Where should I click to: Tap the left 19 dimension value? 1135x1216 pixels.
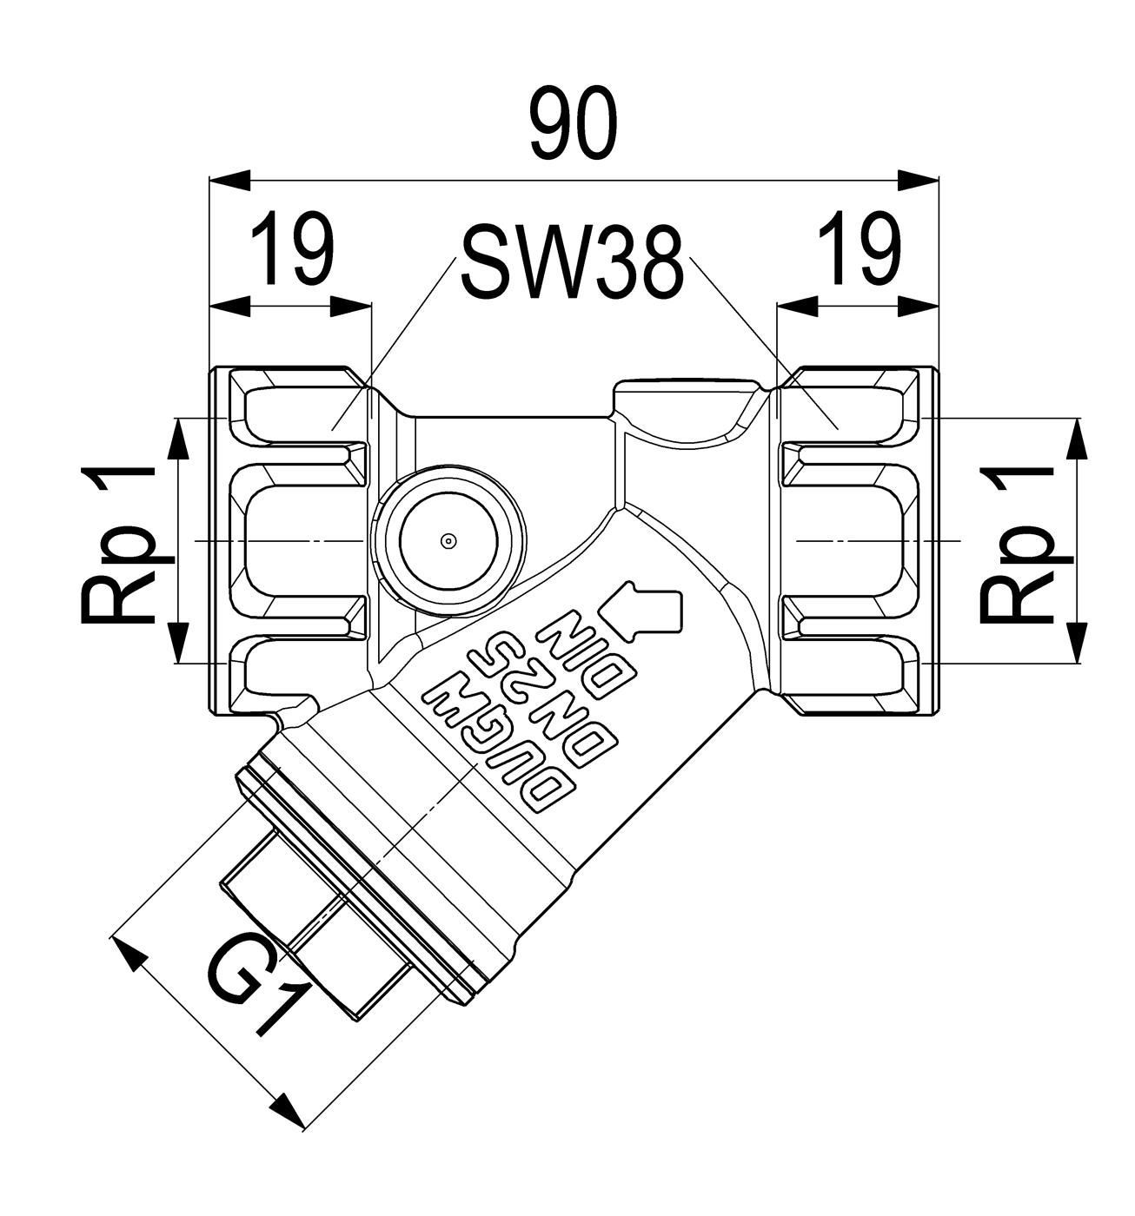292,248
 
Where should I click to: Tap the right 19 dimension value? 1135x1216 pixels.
860,248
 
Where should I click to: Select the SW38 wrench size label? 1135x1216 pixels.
572,262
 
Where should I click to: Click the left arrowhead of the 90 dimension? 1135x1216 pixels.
229,181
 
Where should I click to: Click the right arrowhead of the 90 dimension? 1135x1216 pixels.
918,181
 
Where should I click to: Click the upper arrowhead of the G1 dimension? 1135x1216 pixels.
128,953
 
